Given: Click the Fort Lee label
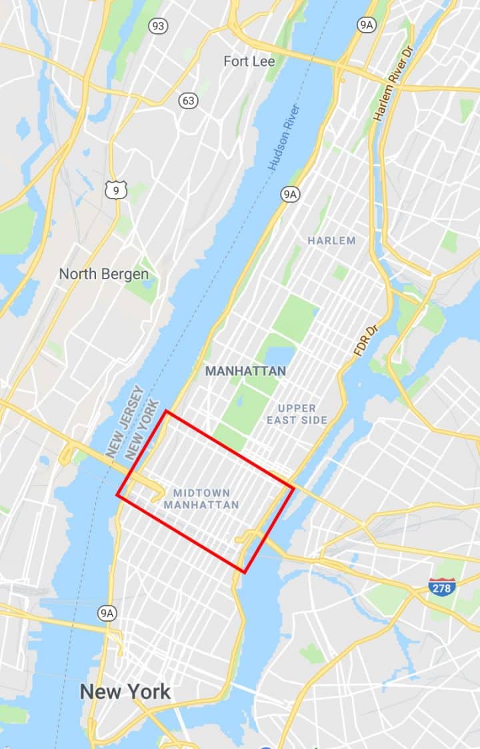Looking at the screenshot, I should [x=249, y=61].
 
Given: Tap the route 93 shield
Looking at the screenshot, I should [x=158, y=26].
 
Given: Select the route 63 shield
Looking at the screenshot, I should [x=189, y=101].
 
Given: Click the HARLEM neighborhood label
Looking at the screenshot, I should [x=331, y=241].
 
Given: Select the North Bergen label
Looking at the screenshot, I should [x=103, y=273].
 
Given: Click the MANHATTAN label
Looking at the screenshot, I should [x=246, y=371].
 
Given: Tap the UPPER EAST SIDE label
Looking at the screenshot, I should [x=297, y=414].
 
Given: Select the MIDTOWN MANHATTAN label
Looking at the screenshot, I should [x=201, y=499].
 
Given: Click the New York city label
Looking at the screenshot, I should [x=125, y=691].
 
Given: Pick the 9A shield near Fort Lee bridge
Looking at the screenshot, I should [x=366, y=25].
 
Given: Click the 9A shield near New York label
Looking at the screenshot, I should [x=107, y=613].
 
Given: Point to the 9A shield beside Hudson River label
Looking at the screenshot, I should [x=289, y=195].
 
